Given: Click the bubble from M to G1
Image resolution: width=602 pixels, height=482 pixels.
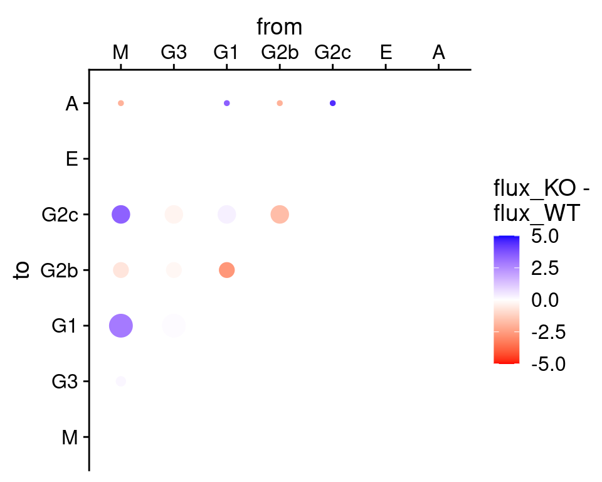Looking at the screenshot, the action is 121,326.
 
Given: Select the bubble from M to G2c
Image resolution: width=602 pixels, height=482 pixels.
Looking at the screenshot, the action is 121,214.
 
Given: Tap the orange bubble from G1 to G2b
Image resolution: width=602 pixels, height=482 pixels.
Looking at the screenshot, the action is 227,270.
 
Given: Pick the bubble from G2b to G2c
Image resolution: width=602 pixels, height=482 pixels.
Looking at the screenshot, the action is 280,214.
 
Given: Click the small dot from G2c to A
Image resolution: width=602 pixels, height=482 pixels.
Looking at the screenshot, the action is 333,103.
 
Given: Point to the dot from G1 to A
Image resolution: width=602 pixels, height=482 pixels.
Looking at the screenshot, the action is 227,103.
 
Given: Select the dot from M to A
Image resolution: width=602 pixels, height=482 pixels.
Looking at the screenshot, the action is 121,103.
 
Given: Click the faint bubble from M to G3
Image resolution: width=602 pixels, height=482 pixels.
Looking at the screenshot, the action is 121,382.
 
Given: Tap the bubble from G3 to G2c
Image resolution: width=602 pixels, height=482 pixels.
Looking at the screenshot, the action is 174,214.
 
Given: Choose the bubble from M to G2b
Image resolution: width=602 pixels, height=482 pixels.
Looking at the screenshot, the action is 121,270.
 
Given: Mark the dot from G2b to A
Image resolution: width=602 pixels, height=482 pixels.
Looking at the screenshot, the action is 280,103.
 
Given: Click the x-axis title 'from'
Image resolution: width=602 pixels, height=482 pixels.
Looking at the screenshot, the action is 280,27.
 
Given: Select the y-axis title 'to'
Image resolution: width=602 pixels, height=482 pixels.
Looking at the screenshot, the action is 23,270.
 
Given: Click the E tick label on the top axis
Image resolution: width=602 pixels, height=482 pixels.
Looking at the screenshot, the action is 386,52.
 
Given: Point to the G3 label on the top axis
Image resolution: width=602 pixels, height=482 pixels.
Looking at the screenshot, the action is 174,52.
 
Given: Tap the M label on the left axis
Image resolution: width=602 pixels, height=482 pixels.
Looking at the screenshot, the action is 70,437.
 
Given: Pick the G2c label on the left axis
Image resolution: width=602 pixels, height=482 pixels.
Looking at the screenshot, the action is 60,215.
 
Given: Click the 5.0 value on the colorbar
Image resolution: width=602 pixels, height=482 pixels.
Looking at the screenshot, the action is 545,236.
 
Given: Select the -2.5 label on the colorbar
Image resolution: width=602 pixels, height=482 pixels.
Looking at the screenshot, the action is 548,332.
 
